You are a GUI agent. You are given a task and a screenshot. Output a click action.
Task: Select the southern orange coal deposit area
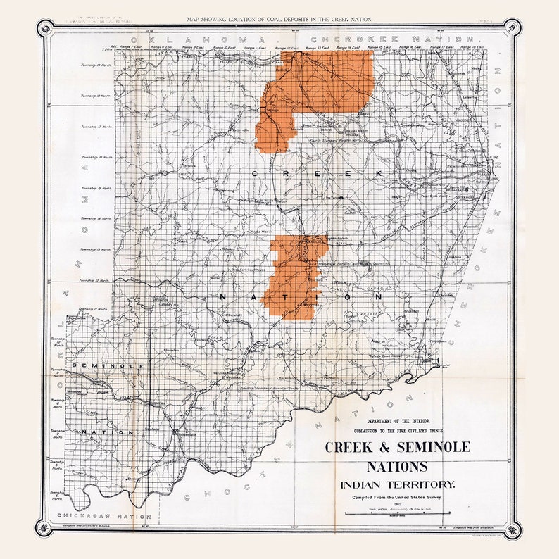(294, 278)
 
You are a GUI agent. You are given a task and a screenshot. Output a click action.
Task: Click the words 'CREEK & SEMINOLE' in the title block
(397, 447)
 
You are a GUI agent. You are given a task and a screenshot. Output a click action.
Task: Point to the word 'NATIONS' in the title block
(396, 467)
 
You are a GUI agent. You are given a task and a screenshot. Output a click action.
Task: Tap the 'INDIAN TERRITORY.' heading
(397, 484)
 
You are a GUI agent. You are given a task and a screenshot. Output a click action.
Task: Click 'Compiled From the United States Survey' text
(397, 498)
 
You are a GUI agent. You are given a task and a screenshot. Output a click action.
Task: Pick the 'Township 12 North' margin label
(94, 280)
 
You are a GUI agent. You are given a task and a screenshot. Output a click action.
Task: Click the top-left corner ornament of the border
(47, 28)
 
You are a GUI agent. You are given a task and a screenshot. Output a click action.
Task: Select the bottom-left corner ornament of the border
(47, 529)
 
